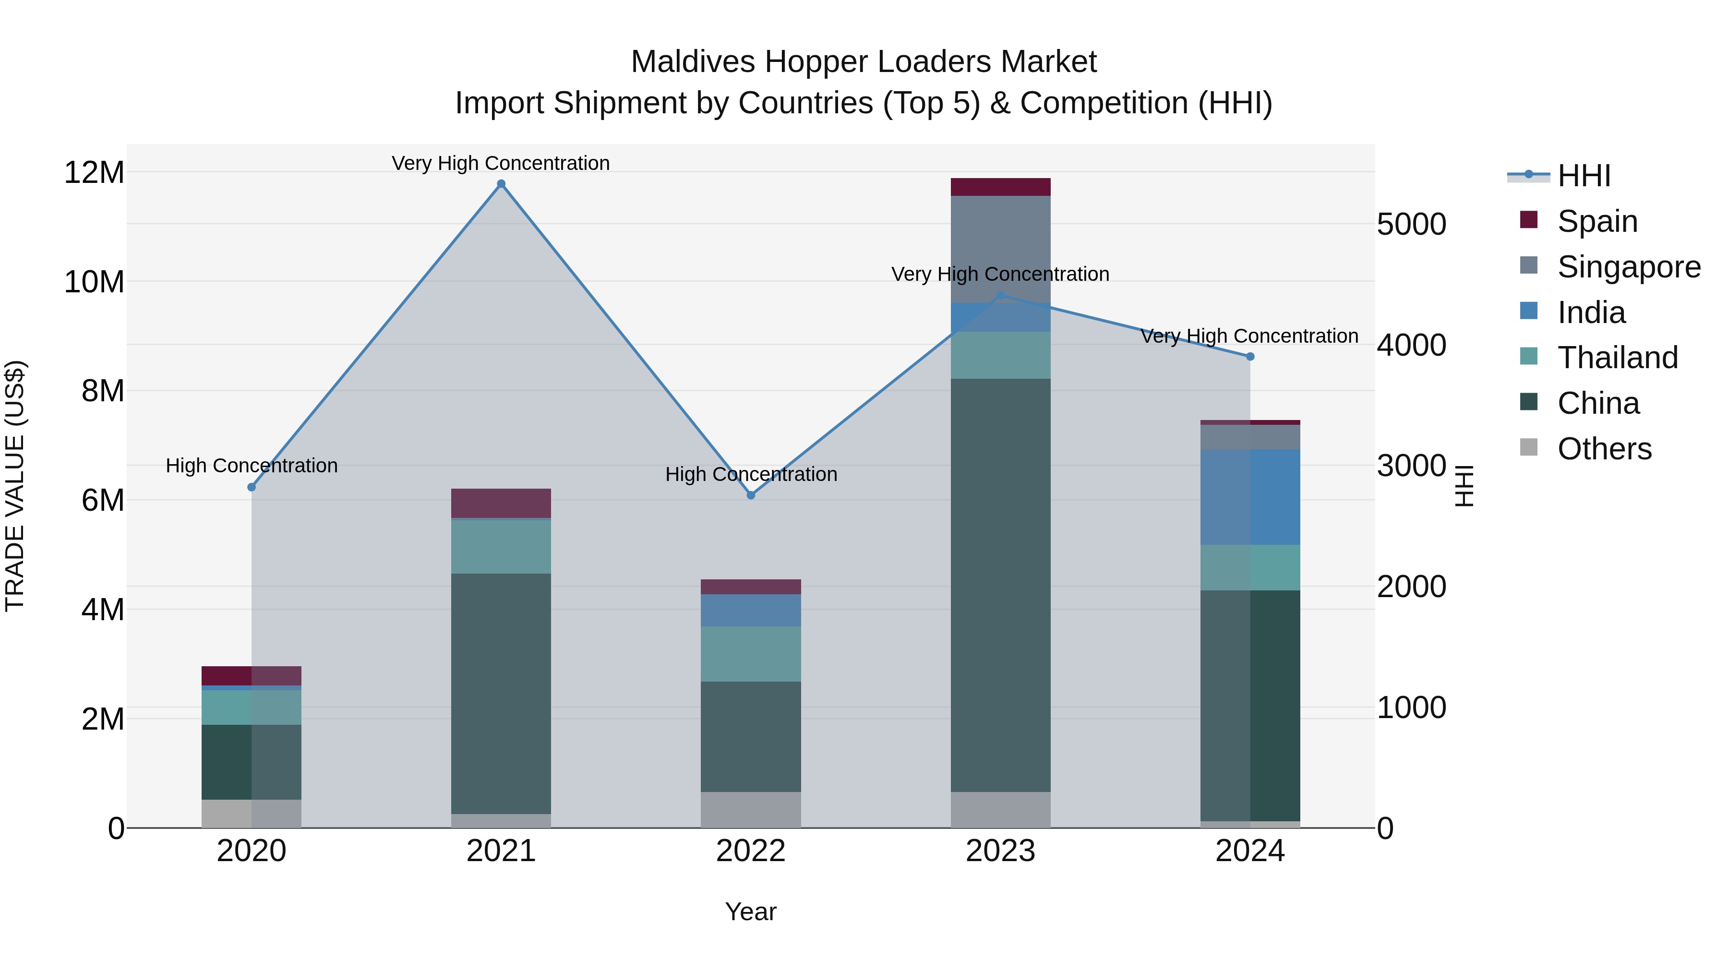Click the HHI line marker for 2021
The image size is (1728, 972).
click(x=501, y=184)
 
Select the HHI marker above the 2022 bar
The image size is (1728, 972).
click(x=751, y=495)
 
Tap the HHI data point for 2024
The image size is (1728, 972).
click(x=1250, y=357)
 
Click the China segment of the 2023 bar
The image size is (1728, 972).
click(x=1000, y=584)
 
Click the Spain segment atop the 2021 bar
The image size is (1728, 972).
click(x=501, y=503)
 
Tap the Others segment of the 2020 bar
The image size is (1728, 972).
click(x=251, y=813)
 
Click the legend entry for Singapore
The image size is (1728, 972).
click(x=1628, y=267)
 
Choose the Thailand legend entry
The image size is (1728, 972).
click(x=1617, y=358)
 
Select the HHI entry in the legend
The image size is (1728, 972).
click(x=1583, y=176)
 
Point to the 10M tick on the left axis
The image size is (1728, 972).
click(x=94, y=282)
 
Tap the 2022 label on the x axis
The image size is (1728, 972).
click(x=751, y=851)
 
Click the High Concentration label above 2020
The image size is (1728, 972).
click(x=252, y=466)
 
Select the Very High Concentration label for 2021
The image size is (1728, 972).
click(x=501, y=163)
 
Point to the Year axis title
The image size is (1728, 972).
click(x=751, y=912)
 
